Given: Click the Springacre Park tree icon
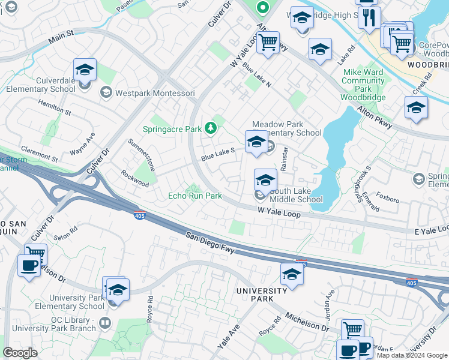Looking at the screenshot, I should (210, 128).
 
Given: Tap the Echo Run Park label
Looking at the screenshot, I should (195, 196).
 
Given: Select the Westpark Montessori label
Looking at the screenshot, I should (154, 93).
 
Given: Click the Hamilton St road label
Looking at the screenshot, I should (55, 108).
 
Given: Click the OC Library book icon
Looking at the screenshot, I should (104, 323).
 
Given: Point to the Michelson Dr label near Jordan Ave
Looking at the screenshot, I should (307, 322).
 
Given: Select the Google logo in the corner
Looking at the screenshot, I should (20, 353).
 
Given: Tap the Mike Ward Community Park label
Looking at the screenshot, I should (363, 85).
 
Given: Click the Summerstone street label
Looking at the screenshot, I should (142, 155).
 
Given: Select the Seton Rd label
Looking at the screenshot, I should (66, 233).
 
